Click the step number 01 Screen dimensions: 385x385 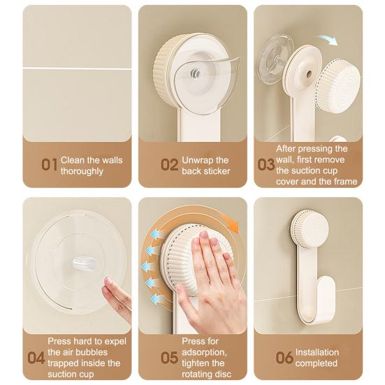[49, 164]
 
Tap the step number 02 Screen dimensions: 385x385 [169, 164]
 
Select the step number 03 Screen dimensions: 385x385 [266, 164]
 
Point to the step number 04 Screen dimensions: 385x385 [36, 357]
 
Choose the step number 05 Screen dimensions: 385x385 [169, 357]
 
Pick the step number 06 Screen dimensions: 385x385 [284, 357]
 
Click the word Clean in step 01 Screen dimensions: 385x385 [73, 160]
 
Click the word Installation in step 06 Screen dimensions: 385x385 [317, 352]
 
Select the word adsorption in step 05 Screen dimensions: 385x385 [204, 352]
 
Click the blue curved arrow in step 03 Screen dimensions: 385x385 [327, 40]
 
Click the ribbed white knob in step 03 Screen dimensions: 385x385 [338, 86]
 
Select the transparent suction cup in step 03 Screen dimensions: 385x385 [275, 58]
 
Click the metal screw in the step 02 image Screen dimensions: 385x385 [196, 73]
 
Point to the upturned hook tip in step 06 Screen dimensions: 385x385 [327, 281]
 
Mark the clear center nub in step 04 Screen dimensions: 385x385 [84, 264]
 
